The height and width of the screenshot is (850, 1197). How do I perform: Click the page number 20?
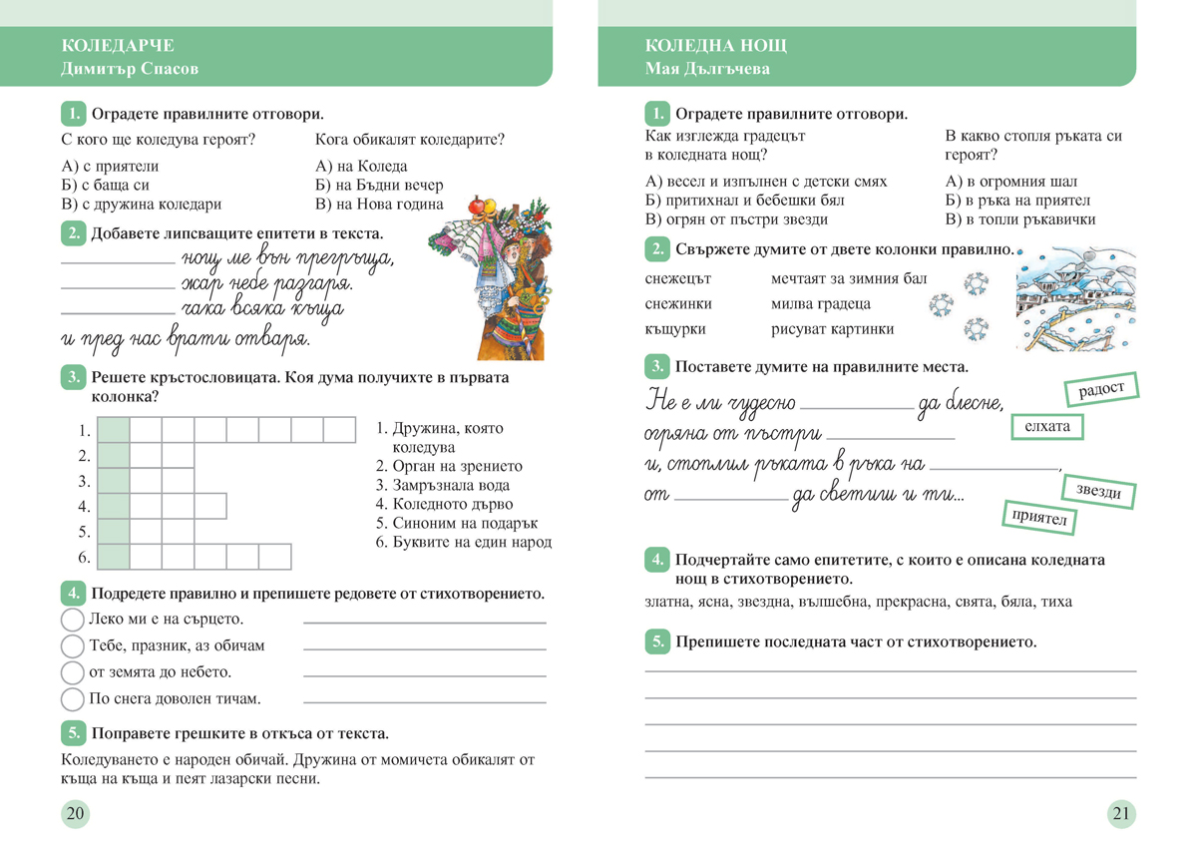tap(75, 814)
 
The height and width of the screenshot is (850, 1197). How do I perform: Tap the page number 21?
tap(1121, 814)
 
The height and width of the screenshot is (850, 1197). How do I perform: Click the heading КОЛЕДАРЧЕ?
tap(118, 46)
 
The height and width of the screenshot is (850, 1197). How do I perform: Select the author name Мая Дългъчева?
tap(707, 69)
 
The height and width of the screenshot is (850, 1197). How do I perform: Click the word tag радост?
tap(1101, 389)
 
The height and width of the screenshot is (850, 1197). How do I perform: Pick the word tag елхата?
tap(1046, 427)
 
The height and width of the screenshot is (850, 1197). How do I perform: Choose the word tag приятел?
tap(1038, 518)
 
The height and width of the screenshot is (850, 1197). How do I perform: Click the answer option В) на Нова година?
tap(379, 205)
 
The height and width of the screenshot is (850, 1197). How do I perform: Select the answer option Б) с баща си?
tap(106, 186)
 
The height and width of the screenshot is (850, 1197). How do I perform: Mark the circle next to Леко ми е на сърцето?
tap(73, 620)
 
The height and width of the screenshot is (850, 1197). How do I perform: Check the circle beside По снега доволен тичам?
tap(73, 698)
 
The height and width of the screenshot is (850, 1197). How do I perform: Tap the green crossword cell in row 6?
tap(114, 557)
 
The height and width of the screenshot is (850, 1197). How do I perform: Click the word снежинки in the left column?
tap(678, 303)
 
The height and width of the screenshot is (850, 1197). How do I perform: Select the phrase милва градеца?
tap(821, 303)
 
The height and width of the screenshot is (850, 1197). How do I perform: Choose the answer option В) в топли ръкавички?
tap(1019, 219)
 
